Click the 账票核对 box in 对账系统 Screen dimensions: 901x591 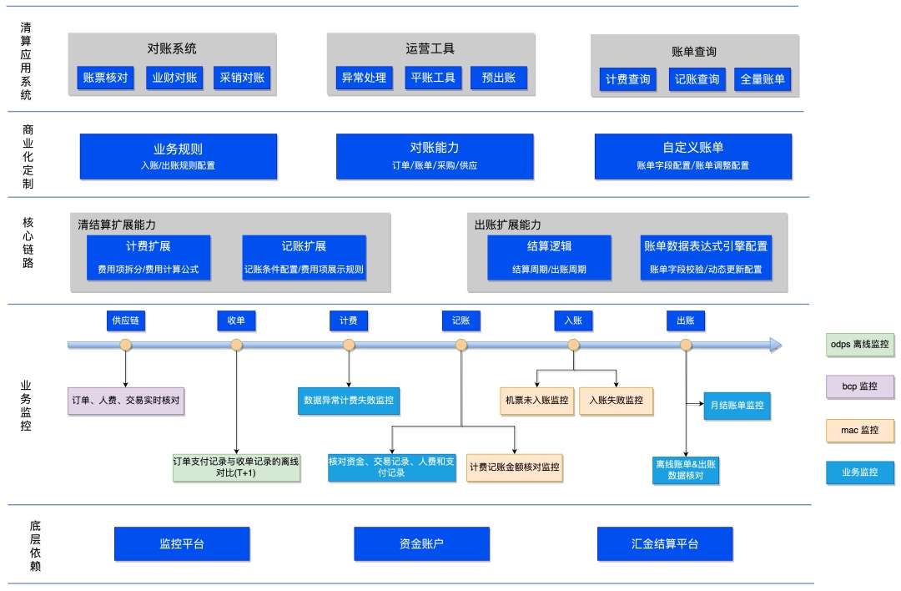[x=105, y=78]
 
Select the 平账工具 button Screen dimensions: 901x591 [x=433, y=78]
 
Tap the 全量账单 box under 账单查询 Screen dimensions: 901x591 [x=763, y=79]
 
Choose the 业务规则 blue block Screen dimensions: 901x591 [x=179, y=156]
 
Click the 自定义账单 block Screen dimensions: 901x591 [x=693, y=156]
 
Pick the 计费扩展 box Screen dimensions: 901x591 [x=148, y=258]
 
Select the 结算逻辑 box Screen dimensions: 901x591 [x=549, y=258]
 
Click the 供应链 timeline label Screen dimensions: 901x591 [x=126, y=321]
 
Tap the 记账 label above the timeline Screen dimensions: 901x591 [x=461, y=321]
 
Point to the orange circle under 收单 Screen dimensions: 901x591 [x=236, y=345]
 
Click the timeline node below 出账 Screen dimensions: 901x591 [x=686, y=345]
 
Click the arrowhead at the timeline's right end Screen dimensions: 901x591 [x=777, y=345]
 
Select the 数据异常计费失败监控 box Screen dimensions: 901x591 [x=349, y=401]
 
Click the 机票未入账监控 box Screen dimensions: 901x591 [x=536, y=401]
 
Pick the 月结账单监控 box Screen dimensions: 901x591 [x=737, y=406]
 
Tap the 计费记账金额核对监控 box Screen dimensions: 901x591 [x=514, y=467]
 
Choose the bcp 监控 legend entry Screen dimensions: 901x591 [x=859, y=386]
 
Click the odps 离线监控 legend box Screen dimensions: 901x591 [x=859, y=345]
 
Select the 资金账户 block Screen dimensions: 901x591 [x=422, y=544]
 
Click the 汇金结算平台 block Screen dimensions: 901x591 [x=665, y=544]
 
